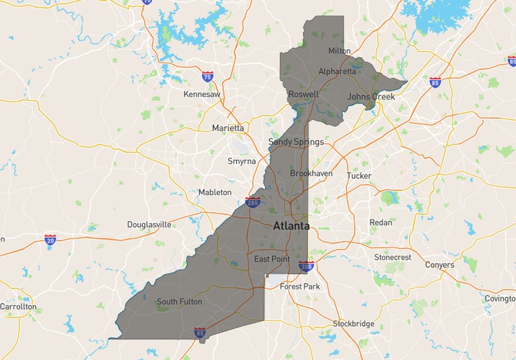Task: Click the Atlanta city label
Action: click(291, 226)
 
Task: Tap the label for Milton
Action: click(339, 51)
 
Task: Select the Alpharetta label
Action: click(337, 71)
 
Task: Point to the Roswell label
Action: click(303, 94)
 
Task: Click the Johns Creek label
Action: click(371, 97)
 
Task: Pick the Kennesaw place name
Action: click(202, 94)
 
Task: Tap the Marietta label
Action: click(227, 128)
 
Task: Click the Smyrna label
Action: click(241, 161)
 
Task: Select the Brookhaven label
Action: click(311, 174)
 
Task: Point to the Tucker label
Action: click(359, 176)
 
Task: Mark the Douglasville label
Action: click(149, 225)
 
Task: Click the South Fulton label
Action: click(179, 302)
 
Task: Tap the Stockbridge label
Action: click(353, 324)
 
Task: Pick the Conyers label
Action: click(439, 265)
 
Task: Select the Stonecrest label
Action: click(392, 257)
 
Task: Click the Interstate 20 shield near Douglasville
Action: click(50, 239)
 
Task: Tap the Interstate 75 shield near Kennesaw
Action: click(207, 76)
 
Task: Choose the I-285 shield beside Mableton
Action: click(252, 202)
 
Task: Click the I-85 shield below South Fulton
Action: click(199, 333)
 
